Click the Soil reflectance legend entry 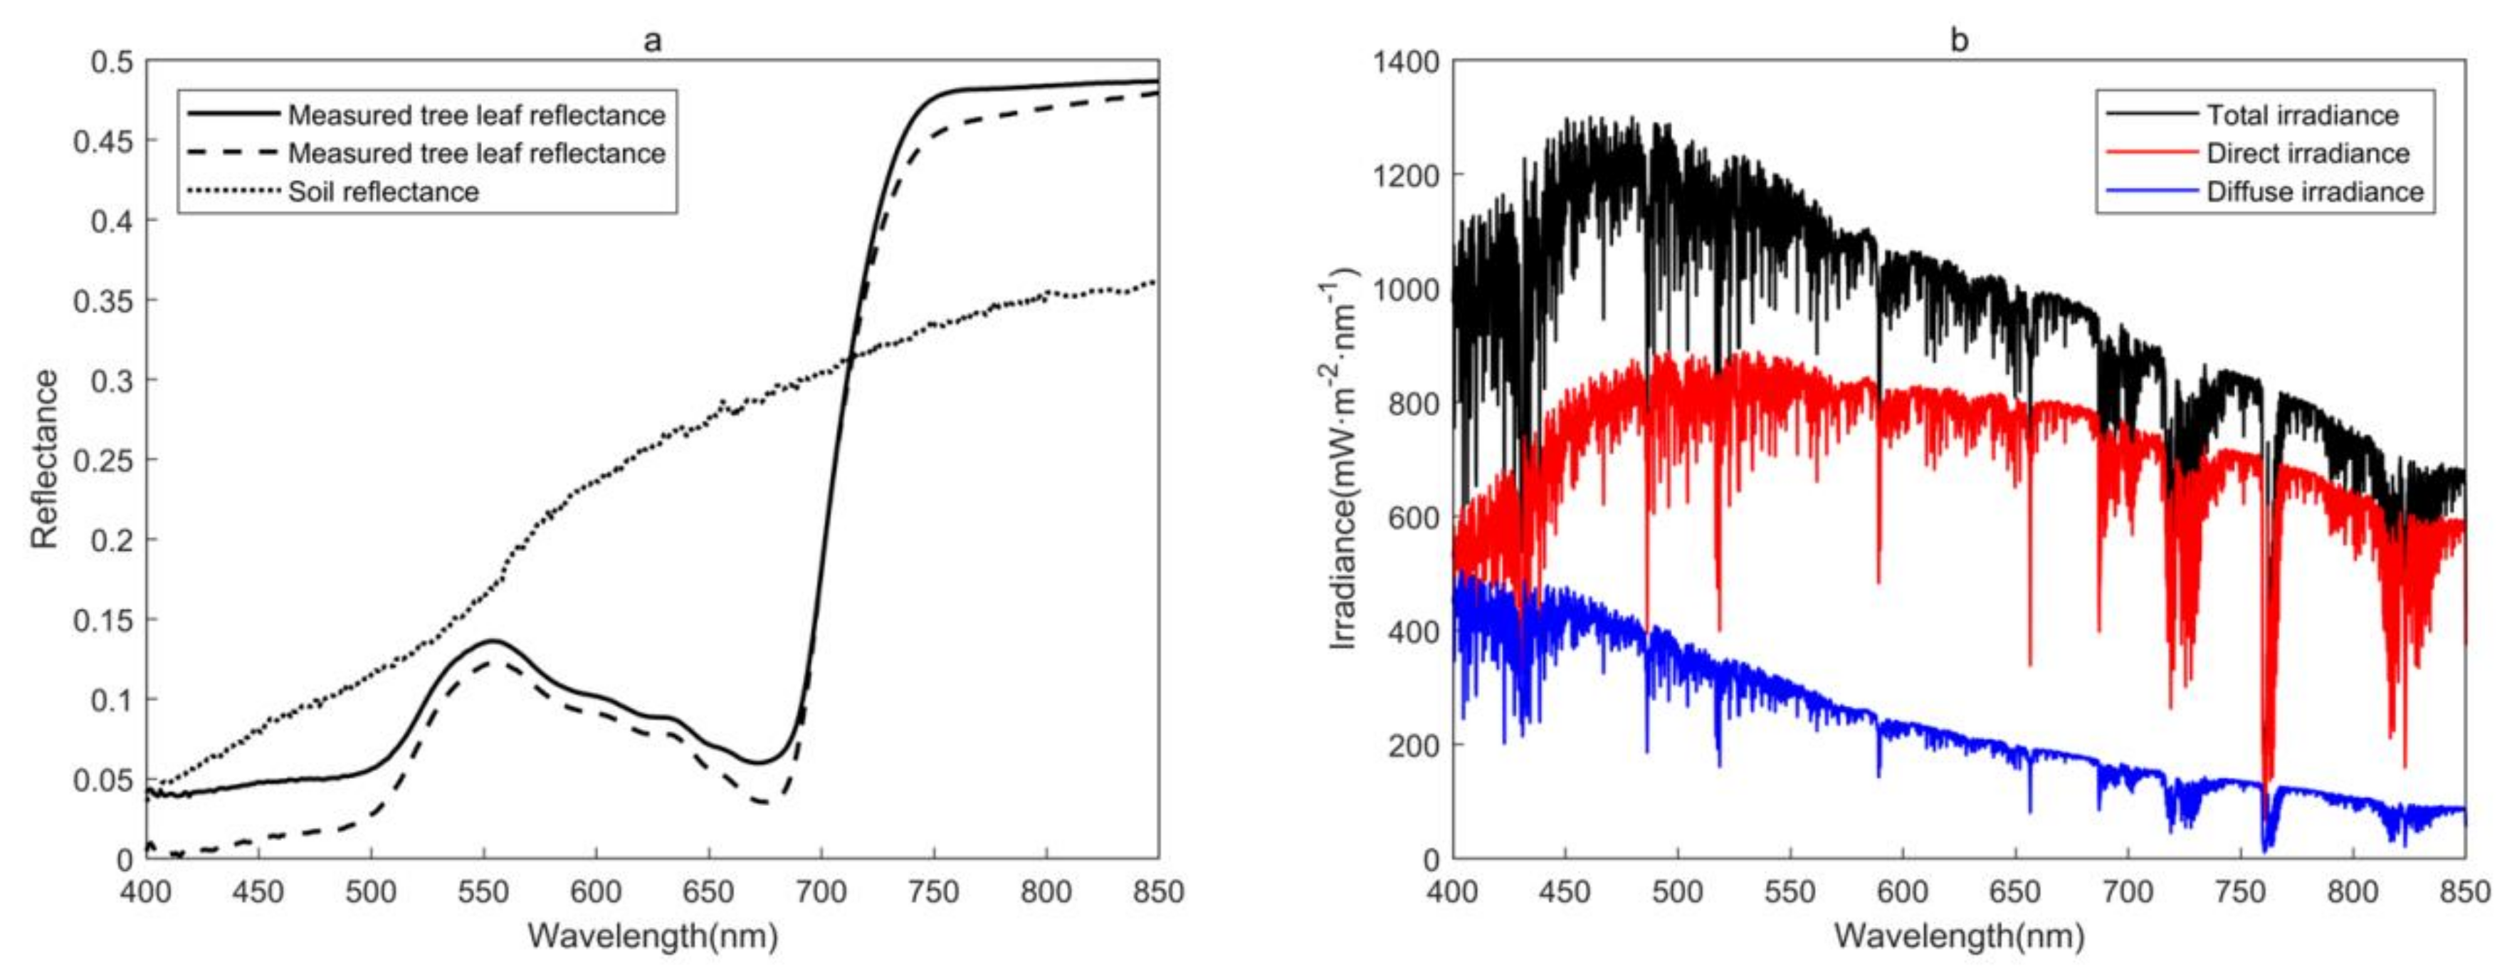pyautogui.click(x=383, y=192)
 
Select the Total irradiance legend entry pyautogui.click(x=2302, y=115)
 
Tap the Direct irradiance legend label pyautogui.click(x=2308, y=153)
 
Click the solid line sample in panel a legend pyautogui.click(x=233, y=115)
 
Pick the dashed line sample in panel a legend pyautogui.click(x=233, y=152)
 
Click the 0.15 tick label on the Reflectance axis pyautogui.click(x=103, y=620)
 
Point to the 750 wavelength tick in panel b pyautogui.click(x=2239, y=892)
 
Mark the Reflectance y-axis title pyautogui.click(x=44, y=459)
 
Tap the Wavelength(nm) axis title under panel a pyautogui.click(x=653, y=936)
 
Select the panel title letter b pyautogui.click(x=1959, y=40)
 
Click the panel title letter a pyautogui.click(x=653, y=40)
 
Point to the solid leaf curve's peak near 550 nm pyautogui.click(x=493, y=641)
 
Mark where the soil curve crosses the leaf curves pyautogui.click(x=850, y=357)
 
